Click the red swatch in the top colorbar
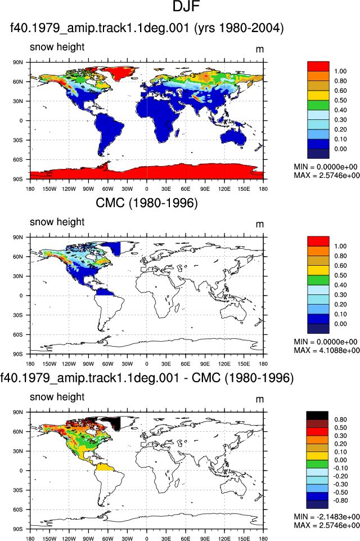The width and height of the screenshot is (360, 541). coord(318,66)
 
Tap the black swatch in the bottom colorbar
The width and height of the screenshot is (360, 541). coord(317,415)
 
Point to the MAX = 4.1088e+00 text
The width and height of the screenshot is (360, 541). coord(327,351)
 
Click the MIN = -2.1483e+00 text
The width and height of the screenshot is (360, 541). coord(327,517)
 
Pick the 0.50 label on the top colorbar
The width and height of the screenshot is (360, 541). coord(340,100)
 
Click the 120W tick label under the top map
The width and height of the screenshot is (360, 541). coord(69,189)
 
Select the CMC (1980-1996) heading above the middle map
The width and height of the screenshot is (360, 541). coord(147,203)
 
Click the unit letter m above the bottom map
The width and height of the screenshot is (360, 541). coord(260,399)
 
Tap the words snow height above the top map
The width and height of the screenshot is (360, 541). coord(57,47)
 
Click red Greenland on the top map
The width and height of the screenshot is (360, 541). coord(119,73)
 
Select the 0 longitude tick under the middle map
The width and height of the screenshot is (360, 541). coord(147,364)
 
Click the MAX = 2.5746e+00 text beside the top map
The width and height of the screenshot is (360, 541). coord(327,176)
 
